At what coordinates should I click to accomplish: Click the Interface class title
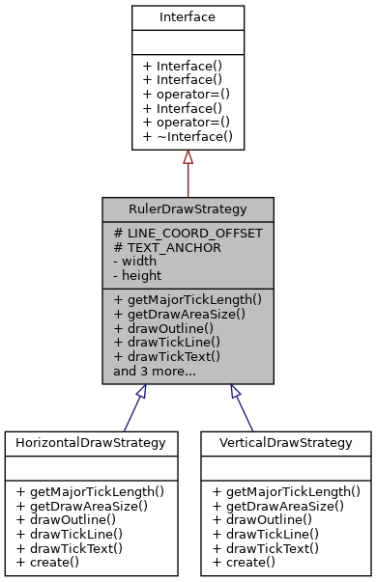coord(188,17)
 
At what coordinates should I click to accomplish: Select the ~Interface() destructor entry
coord(188,137)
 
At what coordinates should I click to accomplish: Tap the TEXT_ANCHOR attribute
coord(167,247)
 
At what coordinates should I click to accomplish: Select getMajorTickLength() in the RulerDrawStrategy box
coord(188,300)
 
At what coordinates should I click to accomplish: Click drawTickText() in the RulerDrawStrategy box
coord(167,355)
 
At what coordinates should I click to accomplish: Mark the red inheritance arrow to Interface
coord(188,174)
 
